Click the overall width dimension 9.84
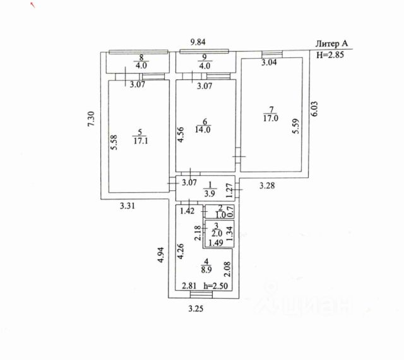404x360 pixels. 201,43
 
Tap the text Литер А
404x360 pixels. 333,44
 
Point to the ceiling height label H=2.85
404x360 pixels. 330,55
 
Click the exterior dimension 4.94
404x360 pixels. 162,254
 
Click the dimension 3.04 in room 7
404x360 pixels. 270,62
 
